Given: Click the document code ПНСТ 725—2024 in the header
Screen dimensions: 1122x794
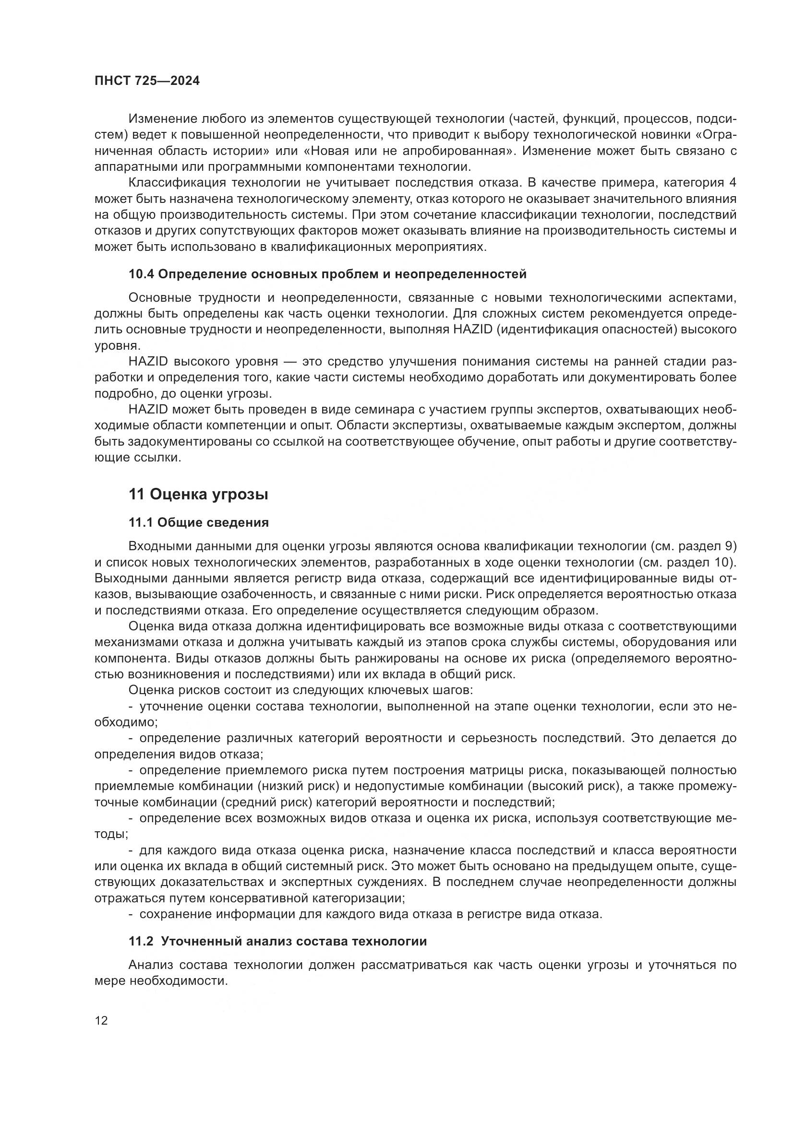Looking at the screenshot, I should point(147,81).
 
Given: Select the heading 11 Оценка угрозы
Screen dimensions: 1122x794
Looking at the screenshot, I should point(199,495).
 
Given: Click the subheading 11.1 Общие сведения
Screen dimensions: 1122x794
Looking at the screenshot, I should point(199,522).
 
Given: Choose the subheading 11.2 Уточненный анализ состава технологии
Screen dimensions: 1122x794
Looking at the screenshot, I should point(277,941).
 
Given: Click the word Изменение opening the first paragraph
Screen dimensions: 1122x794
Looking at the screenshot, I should point(161,119).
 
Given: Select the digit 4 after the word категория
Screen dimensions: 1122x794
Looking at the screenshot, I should point(733,183).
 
